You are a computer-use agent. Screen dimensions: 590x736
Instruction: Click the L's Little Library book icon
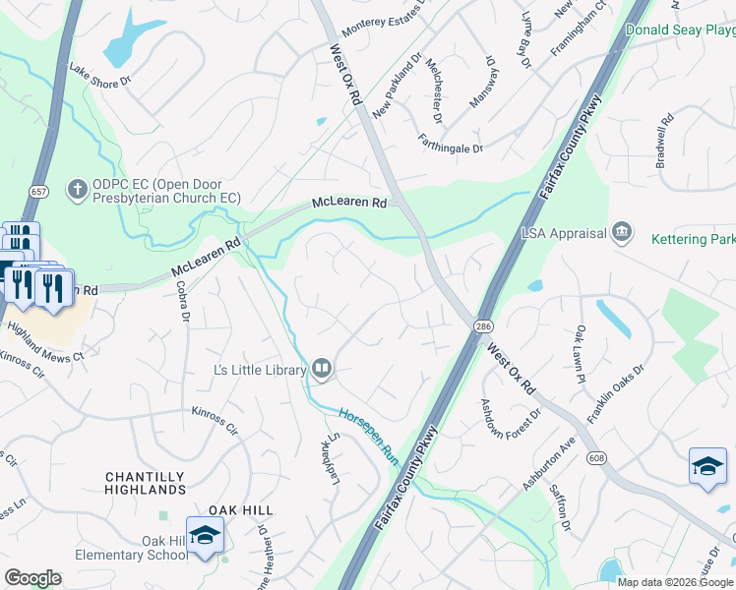[322, 369]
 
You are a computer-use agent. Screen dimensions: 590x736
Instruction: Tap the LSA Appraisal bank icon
[622, 232]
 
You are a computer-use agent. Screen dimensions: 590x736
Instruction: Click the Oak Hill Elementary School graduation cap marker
[205, 535]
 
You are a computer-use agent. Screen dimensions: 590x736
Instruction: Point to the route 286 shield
[483, 325]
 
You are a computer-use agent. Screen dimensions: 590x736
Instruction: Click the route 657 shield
[38, 192]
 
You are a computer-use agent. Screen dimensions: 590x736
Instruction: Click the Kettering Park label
[693, 238]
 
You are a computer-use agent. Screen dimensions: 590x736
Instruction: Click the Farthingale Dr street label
[451, 144]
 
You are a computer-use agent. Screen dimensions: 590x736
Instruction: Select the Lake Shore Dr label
[99, 76]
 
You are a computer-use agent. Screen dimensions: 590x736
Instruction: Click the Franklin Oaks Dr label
[615, 394]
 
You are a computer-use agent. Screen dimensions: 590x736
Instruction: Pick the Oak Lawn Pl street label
[581, 355]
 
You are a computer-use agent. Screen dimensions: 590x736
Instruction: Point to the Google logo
[33, 578]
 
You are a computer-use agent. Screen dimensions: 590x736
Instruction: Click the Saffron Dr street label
[566, 511]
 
